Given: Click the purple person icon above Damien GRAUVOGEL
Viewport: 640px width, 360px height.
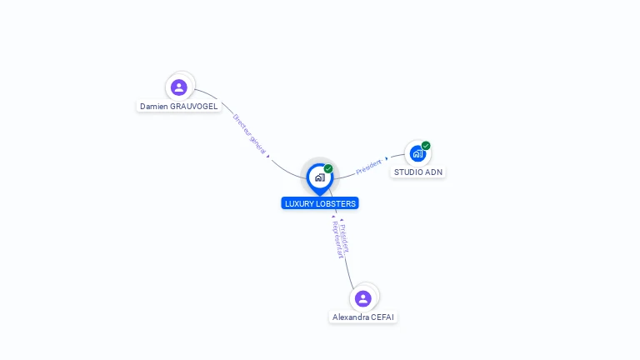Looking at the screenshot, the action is click(x=179, y=87).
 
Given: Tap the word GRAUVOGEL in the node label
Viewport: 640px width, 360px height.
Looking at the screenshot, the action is click(x=193, y=107).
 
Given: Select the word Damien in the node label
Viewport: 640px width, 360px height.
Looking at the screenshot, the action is click(x=153, y=107).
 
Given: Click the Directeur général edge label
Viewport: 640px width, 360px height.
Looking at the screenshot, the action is click(x=249, y=134).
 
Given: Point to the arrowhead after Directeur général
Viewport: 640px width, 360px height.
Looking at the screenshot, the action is click(x=268, y=156).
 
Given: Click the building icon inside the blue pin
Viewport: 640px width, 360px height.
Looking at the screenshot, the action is click(x=320, y=177).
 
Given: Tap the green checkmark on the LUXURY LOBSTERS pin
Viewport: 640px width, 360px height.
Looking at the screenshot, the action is click(x=328, y=168).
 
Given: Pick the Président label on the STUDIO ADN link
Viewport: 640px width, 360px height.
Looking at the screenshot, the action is click(x=368, y=167).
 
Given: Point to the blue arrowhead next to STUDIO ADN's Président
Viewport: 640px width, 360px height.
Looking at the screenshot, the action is click(x=386, y=159).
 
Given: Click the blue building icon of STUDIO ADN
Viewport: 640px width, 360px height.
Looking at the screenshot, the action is click(x=417, y=154).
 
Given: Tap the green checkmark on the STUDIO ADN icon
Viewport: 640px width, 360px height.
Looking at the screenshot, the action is click(x=426, y=146).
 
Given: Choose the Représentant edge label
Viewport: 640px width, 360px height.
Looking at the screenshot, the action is click(x=337, y=240).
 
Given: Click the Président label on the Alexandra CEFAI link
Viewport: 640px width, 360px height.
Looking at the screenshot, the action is click(x=344, y=239).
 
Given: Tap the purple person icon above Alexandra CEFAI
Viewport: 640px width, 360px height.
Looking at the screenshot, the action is click(x=362, y=298).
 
